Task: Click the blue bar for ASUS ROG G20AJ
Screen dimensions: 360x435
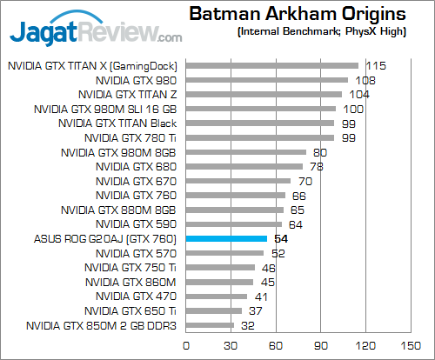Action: click(x=225, y=238)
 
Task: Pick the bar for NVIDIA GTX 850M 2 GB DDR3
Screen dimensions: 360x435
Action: click(x=209, y=325)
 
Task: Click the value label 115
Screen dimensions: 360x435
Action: click(x=376, y=65)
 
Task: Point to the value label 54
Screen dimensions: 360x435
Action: click(x=281, y=238)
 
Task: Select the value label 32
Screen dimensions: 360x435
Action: click(x=248, y=325)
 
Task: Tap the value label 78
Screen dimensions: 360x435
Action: click(x=317, y=166)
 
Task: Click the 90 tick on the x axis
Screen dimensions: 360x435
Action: click(x=322, y=344)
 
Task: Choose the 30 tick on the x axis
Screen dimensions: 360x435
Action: click(x=231, y=344)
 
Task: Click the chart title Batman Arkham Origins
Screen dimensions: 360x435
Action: click(x=297, y=15)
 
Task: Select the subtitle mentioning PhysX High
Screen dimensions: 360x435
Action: click(x=319, y=32)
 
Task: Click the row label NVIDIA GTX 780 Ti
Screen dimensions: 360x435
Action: click(x=130, y=137)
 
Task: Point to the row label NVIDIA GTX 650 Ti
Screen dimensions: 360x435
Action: click(x=131, y=311)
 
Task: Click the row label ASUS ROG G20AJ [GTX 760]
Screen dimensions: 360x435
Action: click(x=105, y=238)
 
